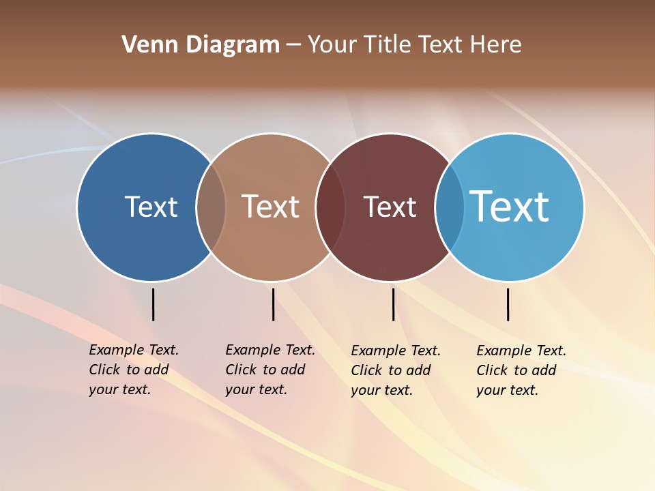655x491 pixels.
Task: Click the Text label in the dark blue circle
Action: click(151, 207)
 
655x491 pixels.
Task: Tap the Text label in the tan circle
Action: click(270, 207)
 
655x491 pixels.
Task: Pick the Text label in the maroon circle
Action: click(390, 207)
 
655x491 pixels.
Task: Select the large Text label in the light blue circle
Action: click(509, 207)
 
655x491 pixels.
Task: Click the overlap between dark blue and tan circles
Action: click(211, 207)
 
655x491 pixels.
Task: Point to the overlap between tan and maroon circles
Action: click(330, 207)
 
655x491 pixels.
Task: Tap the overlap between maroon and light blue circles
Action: click(450, 207)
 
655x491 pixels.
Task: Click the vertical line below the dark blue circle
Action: click(153, 304)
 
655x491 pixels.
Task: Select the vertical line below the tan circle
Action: click(273, 304)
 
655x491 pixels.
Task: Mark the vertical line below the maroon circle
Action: click(393, 304)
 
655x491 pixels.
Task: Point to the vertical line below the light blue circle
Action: click(508, 304)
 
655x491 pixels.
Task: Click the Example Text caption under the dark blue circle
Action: click(133, 370)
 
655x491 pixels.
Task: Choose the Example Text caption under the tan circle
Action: click(270, 370)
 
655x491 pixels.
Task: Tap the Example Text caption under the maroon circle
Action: click(395, 370)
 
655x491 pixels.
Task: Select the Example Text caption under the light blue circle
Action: click(521, 370)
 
